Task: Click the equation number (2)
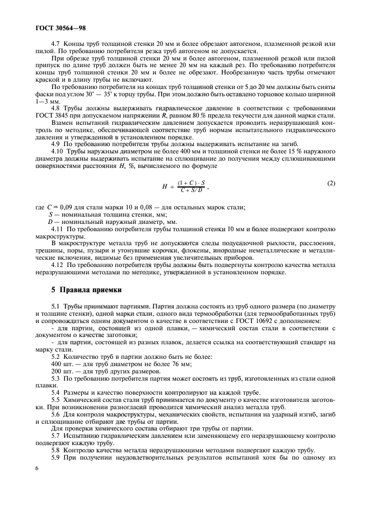tap(330, 183)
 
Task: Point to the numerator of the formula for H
tap(191, 183)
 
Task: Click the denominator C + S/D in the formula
tap(191, 190)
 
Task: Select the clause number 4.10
tap(58, 151)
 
